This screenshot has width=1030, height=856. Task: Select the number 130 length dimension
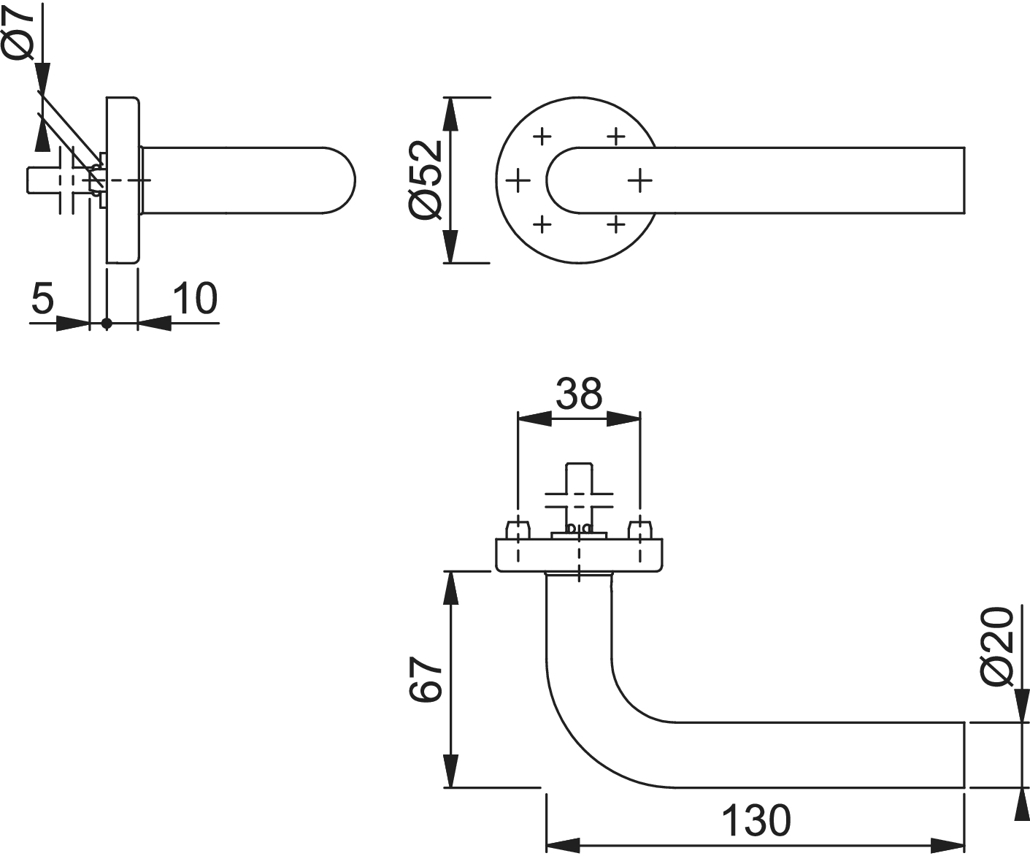click(756, 819)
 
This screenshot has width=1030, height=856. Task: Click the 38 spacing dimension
click(579, 394)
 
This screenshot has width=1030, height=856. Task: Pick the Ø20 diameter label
click(997, 647)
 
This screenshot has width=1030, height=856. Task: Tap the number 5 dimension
click(43, 298)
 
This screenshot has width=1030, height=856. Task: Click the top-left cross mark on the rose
click(542, 136)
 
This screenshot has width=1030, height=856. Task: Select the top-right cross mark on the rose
click(617, 136)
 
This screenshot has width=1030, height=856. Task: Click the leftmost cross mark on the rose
click(518, 180)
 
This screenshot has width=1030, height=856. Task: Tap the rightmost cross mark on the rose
click(639, 180)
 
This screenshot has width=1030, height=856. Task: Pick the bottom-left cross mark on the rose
click(542, 223)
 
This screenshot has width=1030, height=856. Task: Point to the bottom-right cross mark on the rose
click(617, 223)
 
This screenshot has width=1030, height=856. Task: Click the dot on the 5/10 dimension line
click(107, 323)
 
